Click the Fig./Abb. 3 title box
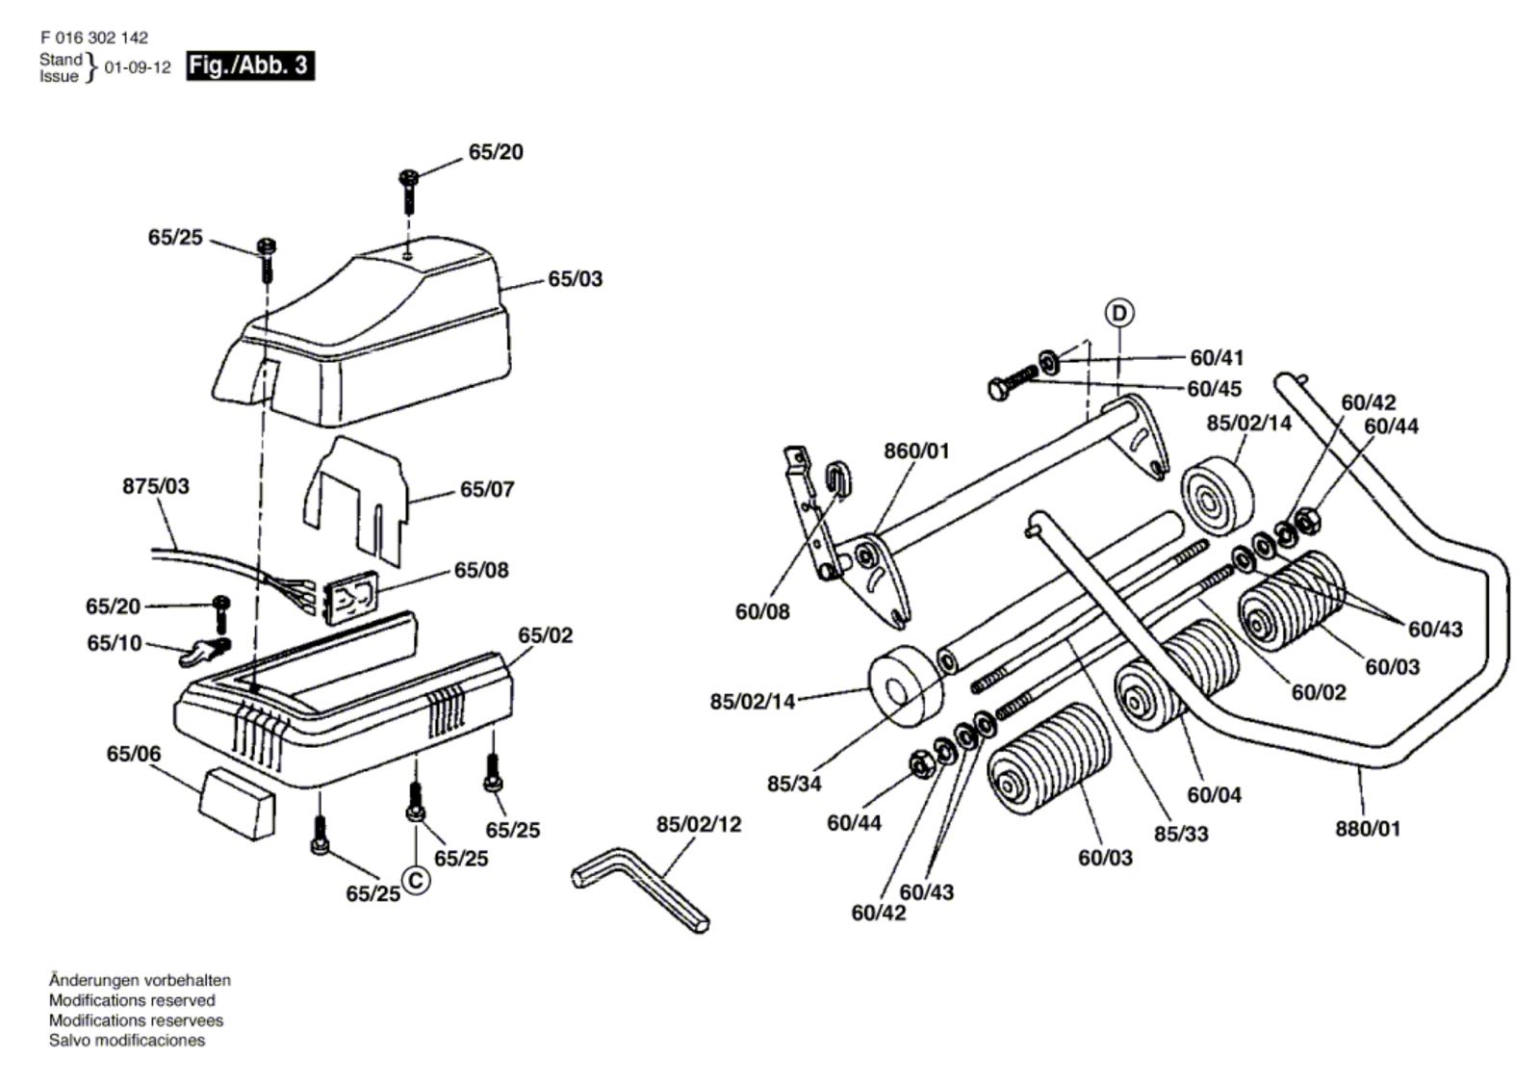pyautogui.click(x=249, y=65)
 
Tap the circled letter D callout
pyautogui.click(x=1118, y=313)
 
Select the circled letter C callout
pyautogui.click(x=415, y=880)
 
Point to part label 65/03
pyautogui.click(x=576, y=279)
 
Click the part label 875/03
pyautogui.click(x=156, y=486)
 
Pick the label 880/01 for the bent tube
pyautogui.click(x=1368, y=828)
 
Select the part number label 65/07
pyautogui.click(x=487, y=489)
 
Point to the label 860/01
pyautogui.click(x=916, y=451)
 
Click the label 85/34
pyautogui.click(x=794, y=784)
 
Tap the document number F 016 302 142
pyautogui.click(x=94, y=38)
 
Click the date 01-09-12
pyautogui.click(x=138, y=68)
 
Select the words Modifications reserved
pyautogui.click(x=132, y=1000)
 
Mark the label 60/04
pyautogui.click(x=1214, y=795)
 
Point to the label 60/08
pyautogui.click(x=762, y=611)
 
